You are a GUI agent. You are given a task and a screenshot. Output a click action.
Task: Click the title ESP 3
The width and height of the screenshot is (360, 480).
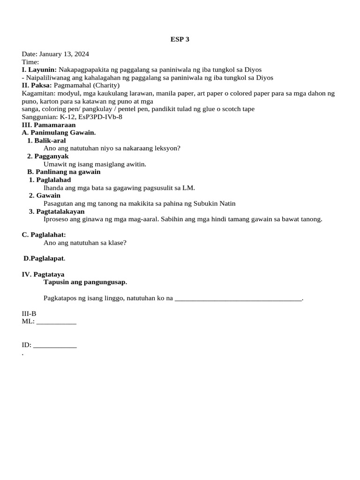(180, 39)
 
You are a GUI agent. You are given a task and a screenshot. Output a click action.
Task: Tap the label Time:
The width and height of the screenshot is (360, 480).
(30, 62)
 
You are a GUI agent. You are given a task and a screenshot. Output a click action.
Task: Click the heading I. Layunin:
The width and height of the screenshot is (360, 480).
(39, 70)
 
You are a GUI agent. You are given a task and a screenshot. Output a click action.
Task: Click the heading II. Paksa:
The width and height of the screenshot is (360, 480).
(37, 85)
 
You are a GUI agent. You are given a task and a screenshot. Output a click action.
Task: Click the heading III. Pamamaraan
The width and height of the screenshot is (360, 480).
(49, 125)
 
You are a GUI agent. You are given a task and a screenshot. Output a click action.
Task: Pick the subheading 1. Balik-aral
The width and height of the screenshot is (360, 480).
(46, 140)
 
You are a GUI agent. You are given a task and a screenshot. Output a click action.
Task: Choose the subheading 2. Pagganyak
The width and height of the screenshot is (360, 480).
(48, 156)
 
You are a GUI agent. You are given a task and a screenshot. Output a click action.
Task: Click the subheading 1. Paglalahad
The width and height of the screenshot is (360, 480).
(50, 180)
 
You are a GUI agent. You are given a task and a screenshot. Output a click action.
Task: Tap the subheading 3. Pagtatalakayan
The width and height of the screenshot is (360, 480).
(57, 211)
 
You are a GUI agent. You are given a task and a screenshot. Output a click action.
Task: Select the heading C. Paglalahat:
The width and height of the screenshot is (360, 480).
(44, 234)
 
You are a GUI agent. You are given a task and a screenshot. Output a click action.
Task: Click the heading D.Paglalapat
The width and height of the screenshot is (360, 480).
(45, 258)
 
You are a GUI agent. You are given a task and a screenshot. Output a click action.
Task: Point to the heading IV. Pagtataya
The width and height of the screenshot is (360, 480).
(43, 274)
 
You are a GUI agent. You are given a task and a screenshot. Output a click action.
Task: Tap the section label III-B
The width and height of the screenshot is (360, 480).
(29, 314)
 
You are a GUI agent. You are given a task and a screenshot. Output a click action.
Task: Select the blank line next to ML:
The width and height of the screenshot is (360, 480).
(56, 322)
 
